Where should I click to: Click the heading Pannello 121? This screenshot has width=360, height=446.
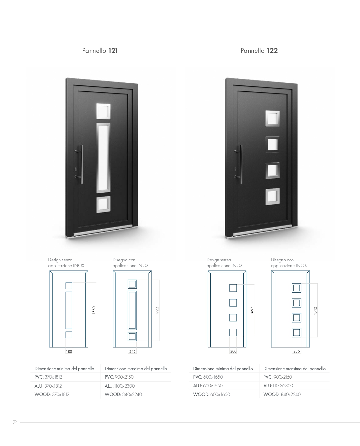click(x=100, y=51)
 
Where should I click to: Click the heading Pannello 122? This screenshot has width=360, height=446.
click(x=259, y=51)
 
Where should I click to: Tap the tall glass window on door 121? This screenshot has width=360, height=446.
click(x=103, y=158)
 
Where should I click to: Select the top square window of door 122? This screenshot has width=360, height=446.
click(x=272, y=118)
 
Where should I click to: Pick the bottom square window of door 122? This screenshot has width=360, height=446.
click(x=272, y=196)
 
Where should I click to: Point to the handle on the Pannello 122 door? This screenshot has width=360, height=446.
click(x=239, y=164)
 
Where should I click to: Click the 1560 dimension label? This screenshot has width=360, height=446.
click(x=94, y=310)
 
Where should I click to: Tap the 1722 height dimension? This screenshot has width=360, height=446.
click(x=157, y=311)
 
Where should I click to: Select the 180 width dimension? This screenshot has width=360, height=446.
click(x=69, y=352)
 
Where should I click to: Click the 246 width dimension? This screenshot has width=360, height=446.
click(x=132, y=352)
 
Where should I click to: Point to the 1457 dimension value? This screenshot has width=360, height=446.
click(x=252, y=311)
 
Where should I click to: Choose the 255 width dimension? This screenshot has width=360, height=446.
click(x=297, y=351)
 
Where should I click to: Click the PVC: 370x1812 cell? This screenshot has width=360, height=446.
click(x=48, y=377)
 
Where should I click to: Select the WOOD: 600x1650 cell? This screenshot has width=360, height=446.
click(x=211, y=394)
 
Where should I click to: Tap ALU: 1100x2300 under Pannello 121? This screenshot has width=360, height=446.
click(x=120, y=386)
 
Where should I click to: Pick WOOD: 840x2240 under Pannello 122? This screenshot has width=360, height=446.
click(x=282, y=394)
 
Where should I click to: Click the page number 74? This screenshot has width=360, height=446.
click(x=15, y=422)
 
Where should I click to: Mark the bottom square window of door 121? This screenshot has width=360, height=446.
click(x=103, y=205)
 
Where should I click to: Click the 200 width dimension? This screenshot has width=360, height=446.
click(x=233, y=351)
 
